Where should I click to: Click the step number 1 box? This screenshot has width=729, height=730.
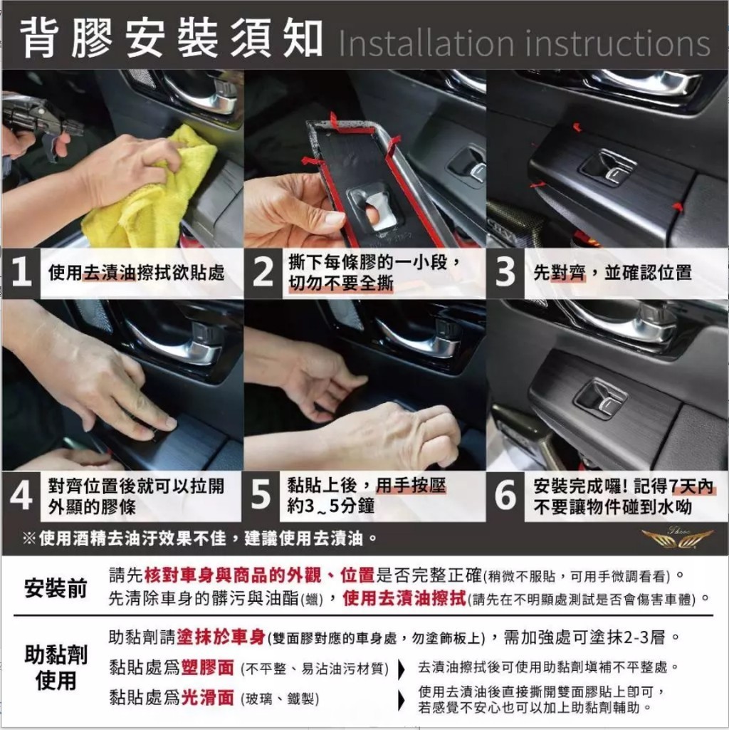[21, 273]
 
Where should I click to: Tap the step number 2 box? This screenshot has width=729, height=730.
[263, 273]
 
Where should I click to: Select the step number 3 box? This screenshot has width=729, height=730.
[505, 273]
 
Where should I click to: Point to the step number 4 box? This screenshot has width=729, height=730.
[21, 496]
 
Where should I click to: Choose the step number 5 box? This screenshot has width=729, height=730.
[262, 496]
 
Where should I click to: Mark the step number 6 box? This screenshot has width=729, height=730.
[505, 496]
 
